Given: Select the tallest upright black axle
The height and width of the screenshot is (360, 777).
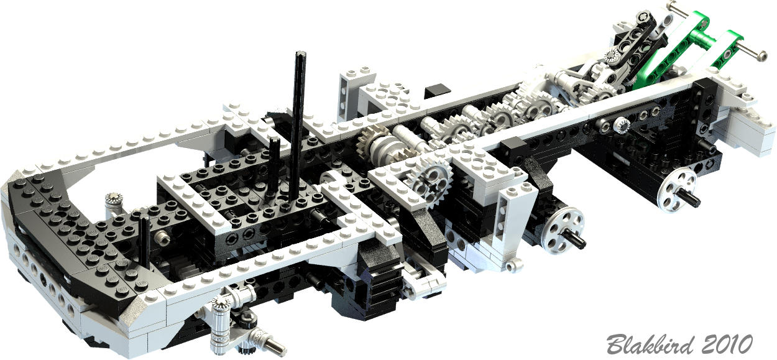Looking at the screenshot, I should click(297, 124).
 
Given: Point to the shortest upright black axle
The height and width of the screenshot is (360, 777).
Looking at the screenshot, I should click(143, 242).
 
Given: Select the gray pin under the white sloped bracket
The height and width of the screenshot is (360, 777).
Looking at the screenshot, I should click(513, 267).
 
